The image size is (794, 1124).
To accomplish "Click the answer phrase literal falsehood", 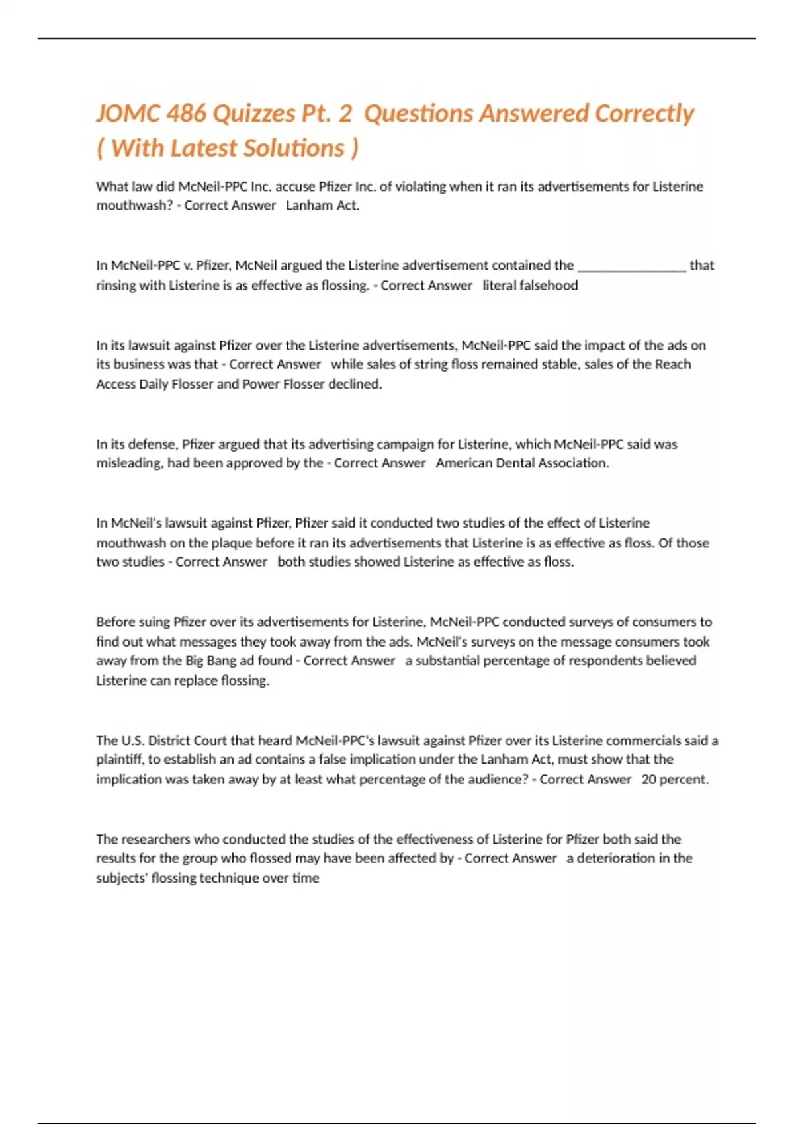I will click(x=530, y=286).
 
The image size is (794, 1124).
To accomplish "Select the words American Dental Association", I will click(x=522, y=463).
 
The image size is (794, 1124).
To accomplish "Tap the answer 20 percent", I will click(x=674, y=780).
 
